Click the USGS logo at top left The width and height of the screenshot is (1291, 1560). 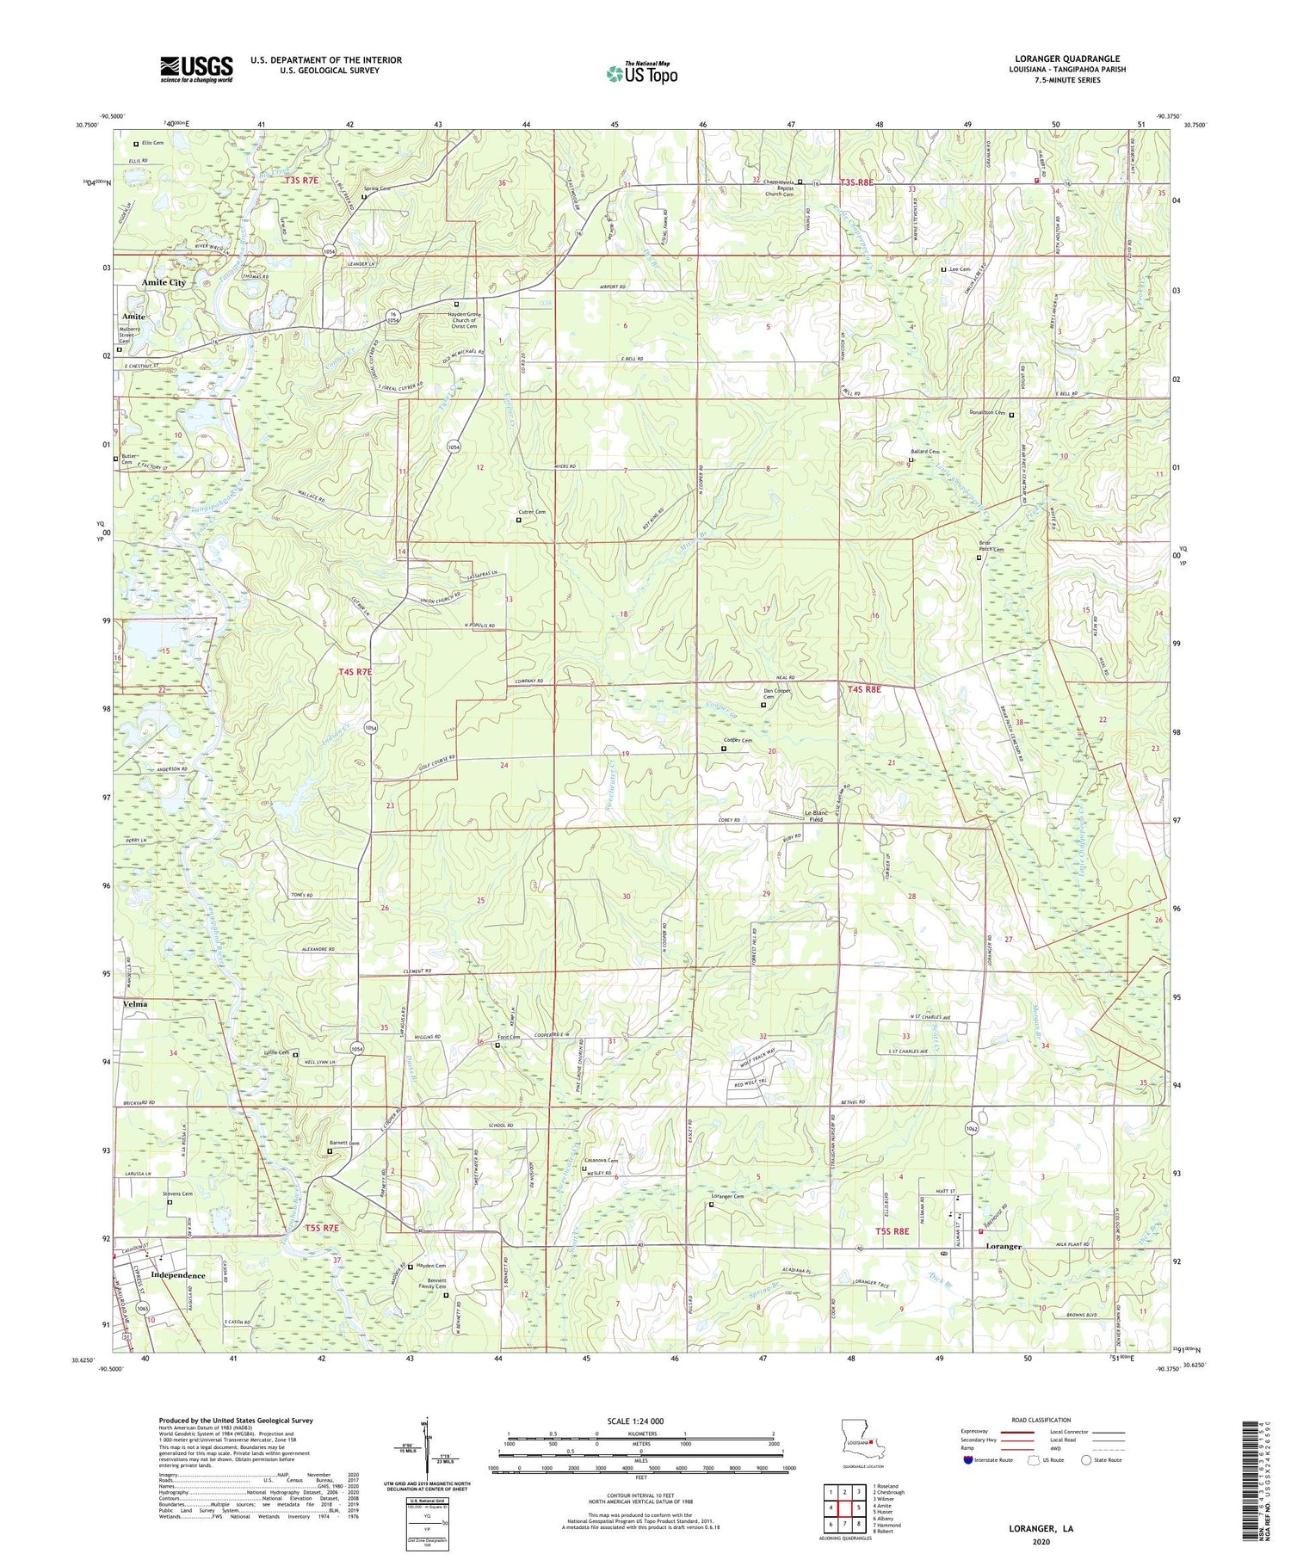pyautogui.click(x=196, y=68)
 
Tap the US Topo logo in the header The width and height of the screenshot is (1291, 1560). pyautogui.click(x=642, y=74)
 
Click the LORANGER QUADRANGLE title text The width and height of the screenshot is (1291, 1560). pyautogui.click(x=1066, y=59)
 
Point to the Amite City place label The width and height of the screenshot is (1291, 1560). pyautogui.click(x=164, y=282)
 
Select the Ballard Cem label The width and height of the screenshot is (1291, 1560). pyautogui.click(x=925, y=451)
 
